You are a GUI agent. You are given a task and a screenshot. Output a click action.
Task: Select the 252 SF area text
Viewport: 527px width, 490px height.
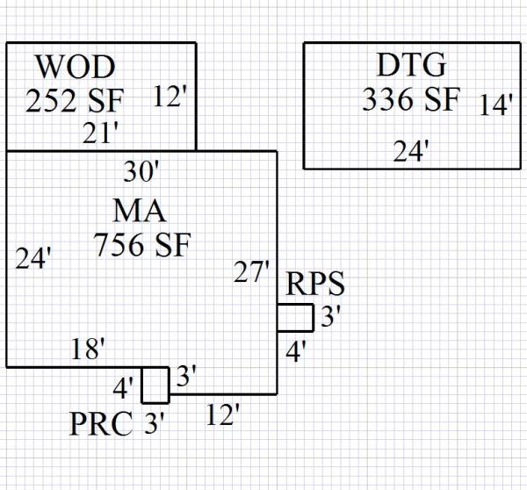coord(75,100)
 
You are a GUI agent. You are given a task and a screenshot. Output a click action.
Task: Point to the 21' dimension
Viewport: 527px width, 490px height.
coord(101,133)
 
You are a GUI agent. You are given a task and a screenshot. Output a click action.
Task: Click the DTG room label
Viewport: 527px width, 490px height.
coord(411,65)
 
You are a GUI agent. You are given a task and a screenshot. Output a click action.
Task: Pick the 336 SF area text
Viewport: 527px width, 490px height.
coord(410,99)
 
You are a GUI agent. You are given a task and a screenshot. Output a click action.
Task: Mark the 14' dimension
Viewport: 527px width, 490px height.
coord(496,105)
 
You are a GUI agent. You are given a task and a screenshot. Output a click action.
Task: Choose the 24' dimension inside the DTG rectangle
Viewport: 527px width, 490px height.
coord(410,152)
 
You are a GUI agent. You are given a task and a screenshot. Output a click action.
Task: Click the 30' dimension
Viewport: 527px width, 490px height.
coord(141,171)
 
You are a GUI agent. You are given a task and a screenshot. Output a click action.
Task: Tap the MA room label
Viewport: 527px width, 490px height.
coord(140,211)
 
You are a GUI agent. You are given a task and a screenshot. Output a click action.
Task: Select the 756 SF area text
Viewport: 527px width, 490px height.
coord(141,245)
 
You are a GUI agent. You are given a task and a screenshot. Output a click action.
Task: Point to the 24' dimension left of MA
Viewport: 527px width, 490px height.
coord(34,259)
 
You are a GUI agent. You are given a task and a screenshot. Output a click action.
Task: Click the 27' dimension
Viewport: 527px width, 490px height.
coord(251,272)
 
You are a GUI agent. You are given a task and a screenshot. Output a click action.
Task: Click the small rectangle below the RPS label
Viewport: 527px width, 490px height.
coord(295,317)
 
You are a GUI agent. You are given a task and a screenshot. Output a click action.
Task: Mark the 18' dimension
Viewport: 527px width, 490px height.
coord(88,349)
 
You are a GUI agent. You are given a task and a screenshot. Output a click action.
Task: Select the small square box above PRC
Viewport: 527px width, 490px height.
coord(155,385)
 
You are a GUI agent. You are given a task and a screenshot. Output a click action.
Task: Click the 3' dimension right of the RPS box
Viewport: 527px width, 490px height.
coord(329,316)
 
